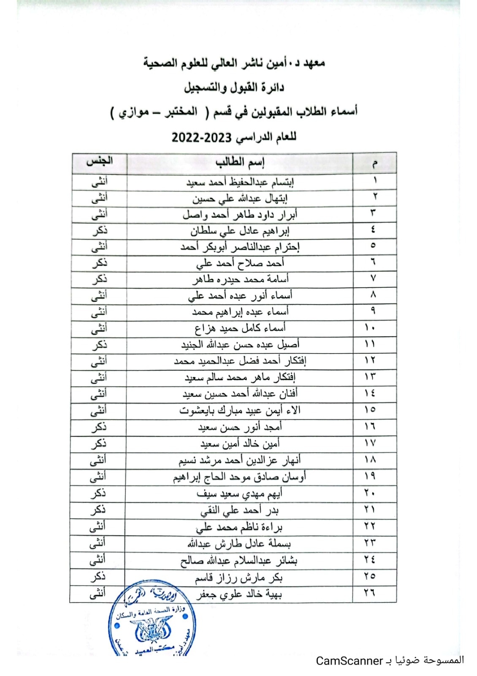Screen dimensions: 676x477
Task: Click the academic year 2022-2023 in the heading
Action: pos(202,138)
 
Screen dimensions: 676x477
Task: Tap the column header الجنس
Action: pos(99,161)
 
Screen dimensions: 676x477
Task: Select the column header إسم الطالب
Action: pos(239,162)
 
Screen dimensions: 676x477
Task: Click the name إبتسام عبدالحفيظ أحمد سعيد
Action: pos(240,182)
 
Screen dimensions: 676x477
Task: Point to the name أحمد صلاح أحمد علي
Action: pos(240,264)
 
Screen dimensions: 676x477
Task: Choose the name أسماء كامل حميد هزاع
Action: pos(240,328)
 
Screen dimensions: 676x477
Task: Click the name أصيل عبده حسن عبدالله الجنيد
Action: pos(240,345)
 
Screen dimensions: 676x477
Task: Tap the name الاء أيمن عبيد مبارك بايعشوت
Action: pos(240,410)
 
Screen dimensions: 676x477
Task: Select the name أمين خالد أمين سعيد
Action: pos(240,444)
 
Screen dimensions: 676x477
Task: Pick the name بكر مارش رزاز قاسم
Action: pos(238,577)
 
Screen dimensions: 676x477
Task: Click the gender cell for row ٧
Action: pos(99,279)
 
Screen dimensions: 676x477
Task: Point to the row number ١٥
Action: pos(370,410)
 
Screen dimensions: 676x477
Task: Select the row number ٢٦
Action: pos(369,593)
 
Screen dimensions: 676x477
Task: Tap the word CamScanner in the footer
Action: pos(349,661)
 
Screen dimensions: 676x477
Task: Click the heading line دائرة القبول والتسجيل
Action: pos(234,87)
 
